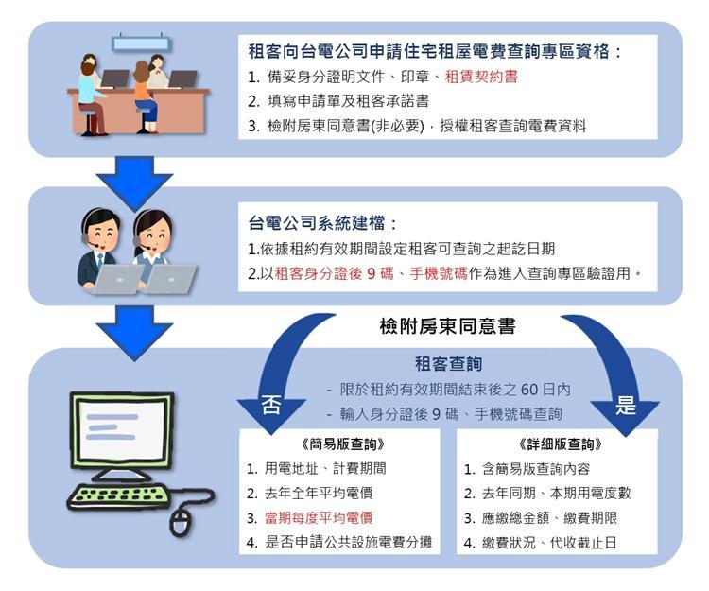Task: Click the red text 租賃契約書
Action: pos(481,77)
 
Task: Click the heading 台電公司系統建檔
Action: pos(317,223)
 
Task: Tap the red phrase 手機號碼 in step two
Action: pos(438,273)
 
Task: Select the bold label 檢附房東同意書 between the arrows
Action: pos(448,326)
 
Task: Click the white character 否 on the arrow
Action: pos(271,405)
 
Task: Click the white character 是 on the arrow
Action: pos(626,405)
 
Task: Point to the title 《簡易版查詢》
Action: pos(343,444)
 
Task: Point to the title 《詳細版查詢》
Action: pos(561,444)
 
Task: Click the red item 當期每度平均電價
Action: pos(319,518)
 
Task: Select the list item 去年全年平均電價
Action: pos(319,494)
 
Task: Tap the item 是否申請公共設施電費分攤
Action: pos(349,542)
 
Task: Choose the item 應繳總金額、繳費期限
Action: pos(550,518)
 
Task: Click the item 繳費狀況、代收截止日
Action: pos(550,543)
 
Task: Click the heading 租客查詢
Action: pos(448,363)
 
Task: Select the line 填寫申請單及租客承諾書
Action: pos(348,101)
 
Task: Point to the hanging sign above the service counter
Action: pos(142,43)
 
